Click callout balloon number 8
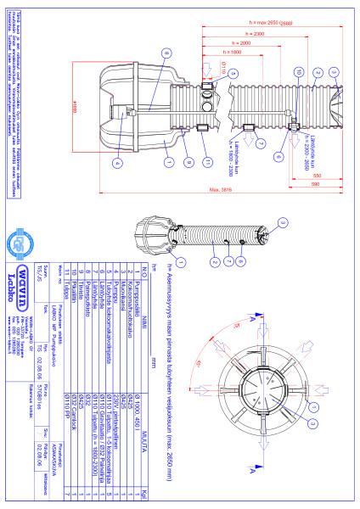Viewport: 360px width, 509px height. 166,53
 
